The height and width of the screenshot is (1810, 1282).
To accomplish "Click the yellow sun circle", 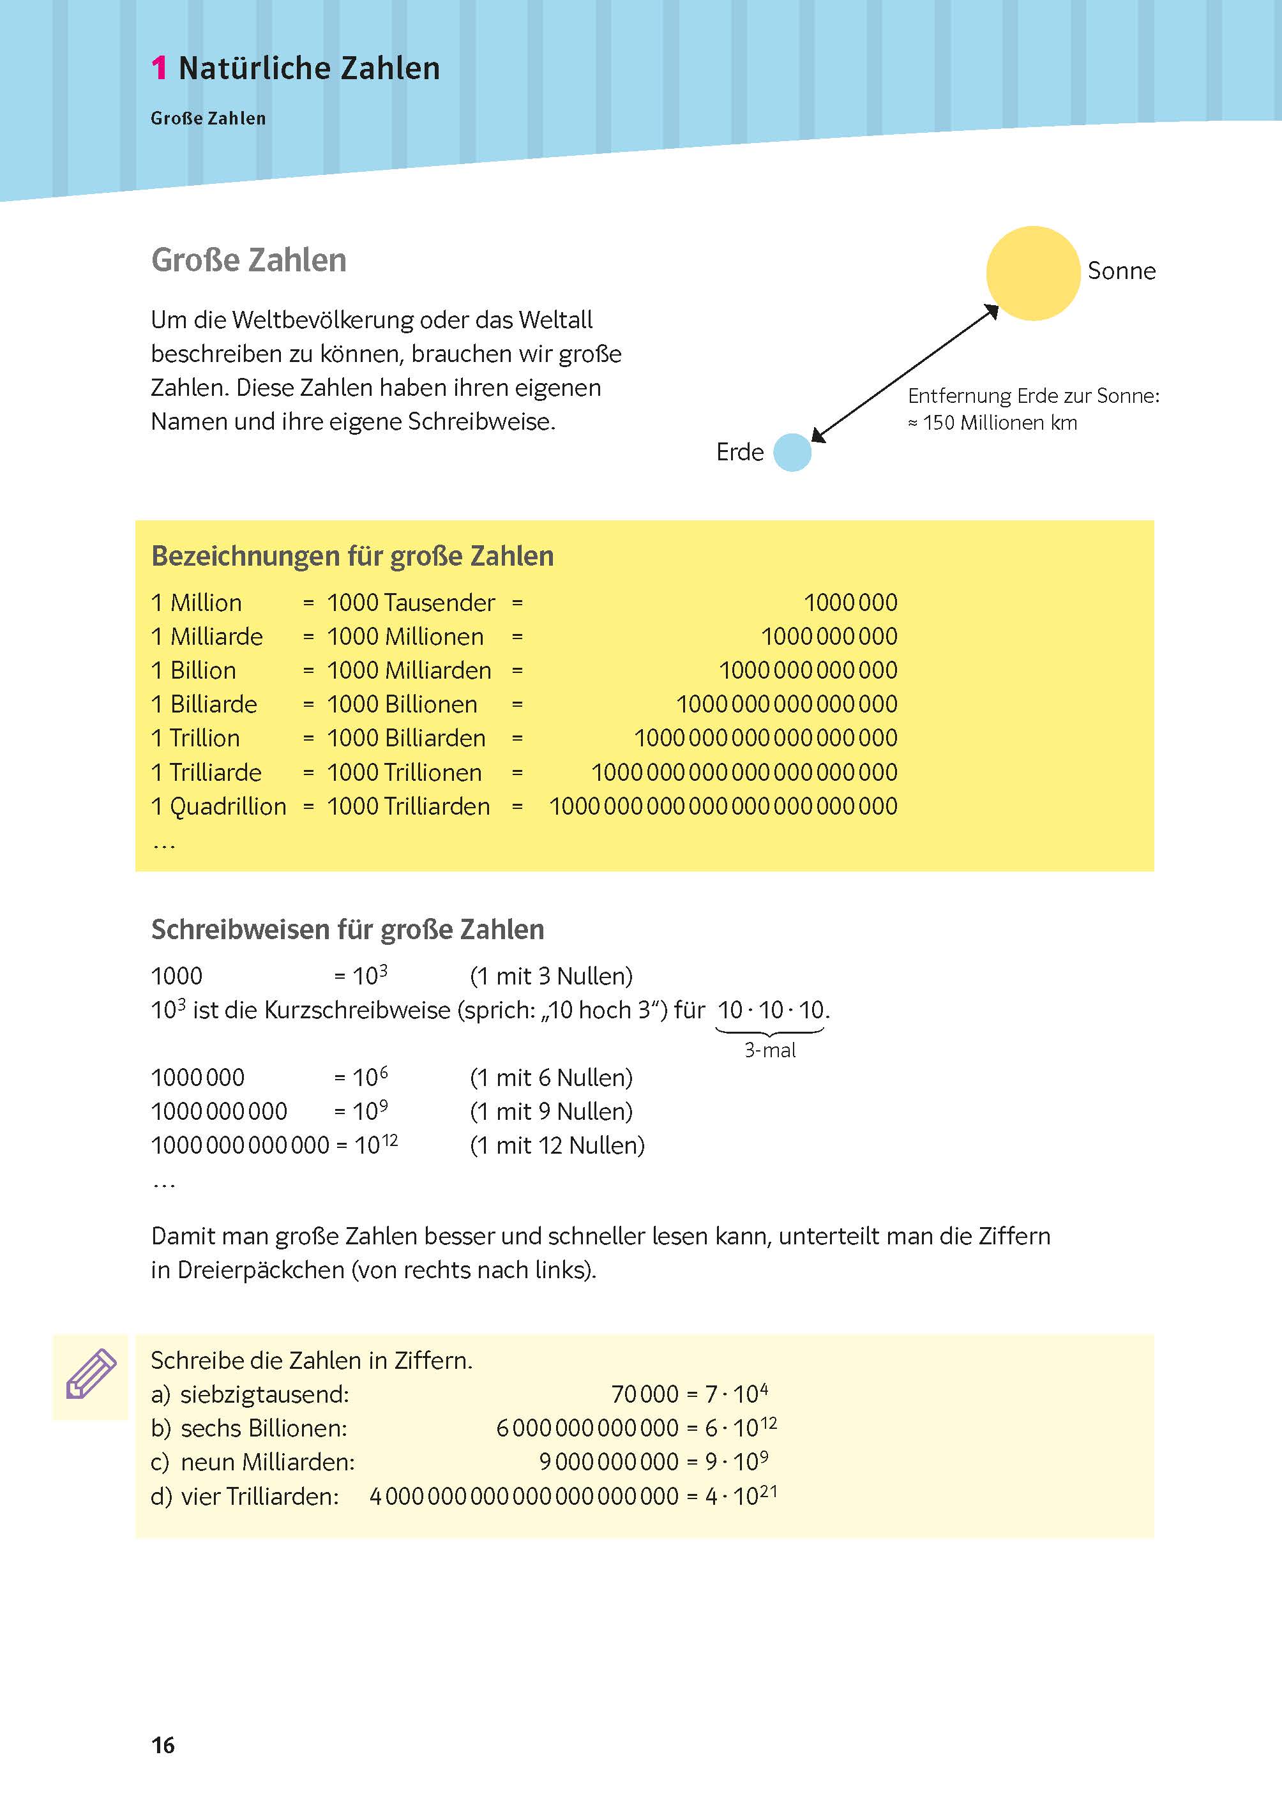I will pos(1032,273).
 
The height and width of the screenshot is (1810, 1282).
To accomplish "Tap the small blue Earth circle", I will pos(792,452).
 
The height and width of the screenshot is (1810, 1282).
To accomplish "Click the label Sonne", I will pos(1121,271).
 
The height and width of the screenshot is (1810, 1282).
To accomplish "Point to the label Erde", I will pos(740,452).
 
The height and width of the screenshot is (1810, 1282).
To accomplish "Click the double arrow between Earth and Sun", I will pos(905,373).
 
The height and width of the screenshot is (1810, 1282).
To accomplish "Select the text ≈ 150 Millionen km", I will pos(992,423).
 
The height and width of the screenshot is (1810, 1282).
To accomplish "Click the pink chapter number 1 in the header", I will pos(159,69).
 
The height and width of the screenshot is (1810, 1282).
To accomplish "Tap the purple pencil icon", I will pos(91,1375).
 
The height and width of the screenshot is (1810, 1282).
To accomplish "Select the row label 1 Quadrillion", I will pos(218,806).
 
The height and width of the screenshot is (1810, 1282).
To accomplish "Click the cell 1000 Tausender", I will pos(411,602).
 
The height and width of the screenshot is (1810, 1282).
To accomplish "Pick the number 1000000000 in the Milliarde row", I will pos(829,637).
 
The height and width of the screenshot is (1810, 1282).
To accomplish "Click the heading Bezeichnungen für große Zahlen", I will pos(352,555).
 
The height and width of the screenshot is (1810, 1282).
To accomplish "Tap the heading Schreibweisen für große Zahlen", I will pos(347,929).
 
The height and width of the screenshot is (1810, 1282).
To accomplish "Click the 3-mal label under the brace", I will pos(770,1050).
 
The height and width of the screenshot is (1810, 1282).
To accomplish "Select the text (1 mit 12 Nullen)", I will pos(557,1145).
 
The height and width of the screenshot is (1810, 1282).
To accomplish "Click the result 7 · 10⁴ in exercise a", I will pos(735,1393).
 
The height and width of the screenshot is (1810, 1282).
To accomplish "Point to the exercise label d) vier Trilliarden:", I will pos(245,1496).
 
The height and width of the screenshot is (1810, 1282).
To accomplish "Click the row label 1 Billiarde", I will pos(204,704).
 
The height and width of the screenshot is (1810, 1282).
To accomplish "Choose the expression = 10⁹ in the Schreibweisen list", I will pos(361,1111).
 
